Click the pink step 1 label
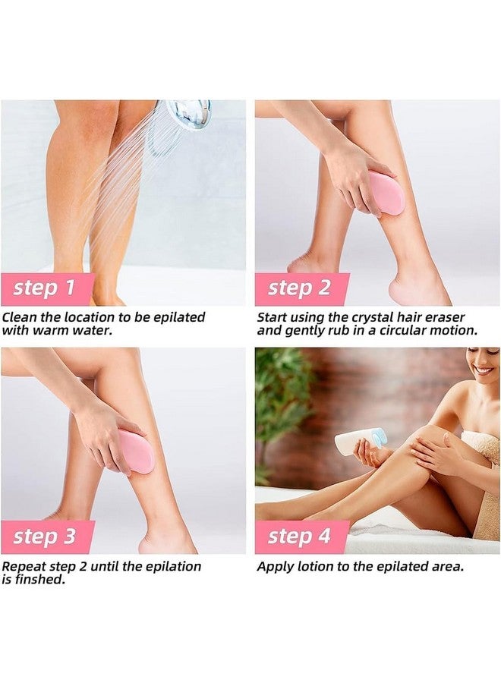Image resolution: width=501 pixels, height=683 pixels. [x=46, y=289]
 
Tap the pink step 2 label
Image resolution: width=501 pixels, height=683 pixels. [x=301, y=289]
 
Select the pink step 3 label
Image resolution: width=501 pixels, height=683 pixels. [x=46, y=537]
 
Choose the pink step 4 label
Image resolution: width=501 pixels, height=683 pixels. [x=301, y=537]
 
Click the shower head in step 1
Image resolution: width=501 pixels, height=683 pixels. [x=187, y=115]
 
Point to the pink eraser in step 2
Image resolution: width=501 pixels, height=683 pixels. [x=386, y=193]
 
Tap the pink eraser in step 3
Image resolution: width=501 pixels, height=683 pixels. [x=136, y=451]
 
